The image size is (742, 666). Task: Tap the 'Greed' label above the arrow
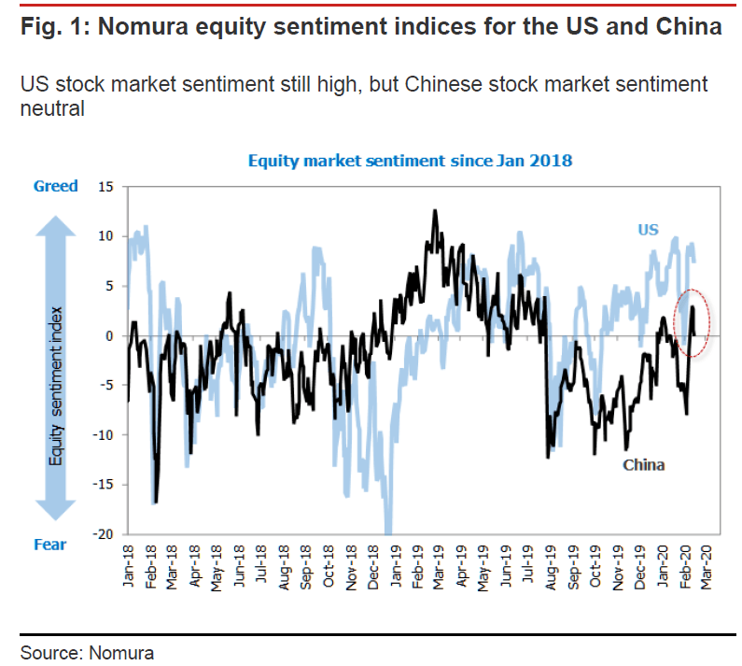tap(56, 187)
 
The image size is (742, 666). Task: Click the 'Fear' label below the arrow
tap(50, 545)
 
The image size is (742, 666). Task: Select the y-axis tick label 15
tap(105, 188)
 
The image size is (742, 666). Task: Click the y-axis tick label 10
tap(105, 237)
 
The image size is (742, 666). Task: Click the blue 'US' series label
tap(648, 229)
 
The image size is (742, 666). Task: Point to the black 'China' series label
tap(643, 463)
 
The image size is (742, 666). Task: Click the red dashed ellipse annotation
tap(692, 322)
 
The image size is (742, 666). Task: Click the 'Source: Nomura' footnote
tap(88, 652)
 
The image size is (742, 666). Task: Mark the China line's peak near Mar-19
tap(435, 211)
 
